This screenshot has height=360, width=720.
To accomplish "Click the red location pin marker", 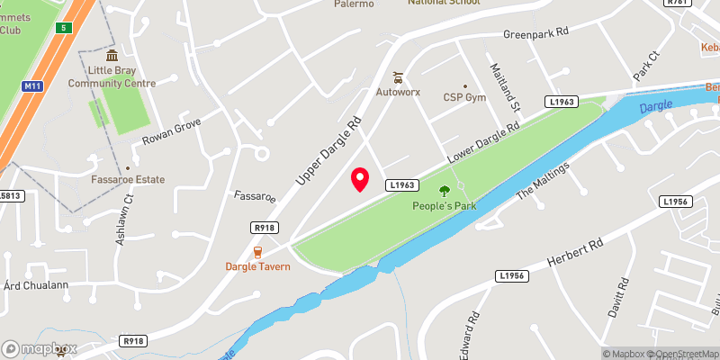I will pyautogui.click(x=360, y=179).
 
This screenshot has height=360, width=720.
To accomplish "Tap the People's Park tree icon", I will pyautogui.click(x=444, y=190).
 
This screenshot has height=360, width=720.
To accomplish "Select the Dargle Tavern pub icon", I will pyautogui.click(x=257, y=251).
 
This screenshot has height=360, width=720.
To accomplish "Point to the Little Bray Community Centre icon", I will pyautogui.click(x=112, y=56).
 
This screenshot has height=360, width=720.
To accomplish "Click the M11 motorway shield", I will pyautogui.click(x=33, y=85).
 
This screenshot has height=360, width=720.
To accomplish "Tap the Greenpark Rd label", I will pyautogui.click(x=536, y=33).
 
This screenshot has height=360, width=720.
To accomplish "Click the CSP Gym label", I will pyautogui.click(x=464, y=97).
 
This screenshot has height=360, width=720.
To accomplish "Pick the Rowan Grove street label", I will pyautogui.click(x=171, y=132).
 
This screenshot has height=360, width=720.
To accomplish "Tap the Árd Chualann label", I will pyautogui.click(x=36, y=285).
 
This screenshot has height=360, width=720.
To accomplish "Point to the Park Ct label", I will pyautogui.click(x=646, y=67).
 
